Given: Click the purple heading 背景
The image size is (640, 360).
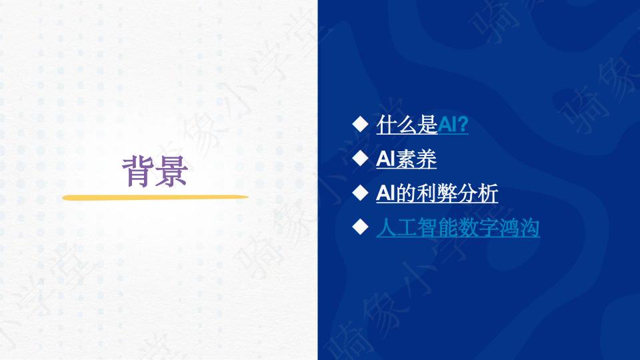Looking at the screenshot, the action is [x=155, y=171].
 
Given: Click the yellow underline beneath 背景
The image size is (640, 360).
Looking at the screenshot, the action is [x=155, y=198].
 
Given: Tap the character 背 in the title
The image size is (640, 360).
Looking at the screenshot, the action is [x=139, y=171].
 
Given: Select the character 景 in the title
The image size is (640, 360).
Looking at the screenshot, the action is [x=172, y=171].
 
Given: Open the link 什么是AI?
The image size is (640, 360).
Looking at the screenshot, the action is [x=422, y=125].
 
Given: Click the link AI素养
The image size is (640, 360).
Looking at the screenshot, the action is [x=406, y=159].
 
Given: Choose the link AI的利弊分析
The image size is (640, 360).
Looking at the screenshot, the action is [x=437, y=193].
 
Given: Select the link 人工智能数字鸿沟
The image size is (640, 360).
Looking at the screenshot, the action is [x=458, y=227].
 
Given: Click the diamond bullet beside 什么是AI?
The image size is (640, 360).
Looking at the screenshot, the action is [x=360, y=124].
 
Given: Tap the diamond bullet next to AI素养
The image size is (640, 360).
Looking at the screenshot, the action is [x=360, y=158].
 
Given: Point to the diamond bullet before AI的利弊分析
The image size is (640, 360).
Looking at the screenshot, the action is [x=360, y=192].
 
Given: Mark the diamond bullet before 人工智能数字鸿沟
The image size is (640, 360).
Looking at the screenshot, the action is [x=360, y=227].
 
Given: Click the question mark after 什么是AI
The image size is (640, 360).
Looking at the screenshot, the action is [x=463, y=125].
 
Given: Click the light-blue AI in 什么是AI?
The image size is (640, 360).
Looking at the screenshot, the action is [x=447, y=125].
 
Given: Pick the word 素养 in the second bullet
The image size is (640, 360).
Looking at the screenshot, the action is [x=416, y=159].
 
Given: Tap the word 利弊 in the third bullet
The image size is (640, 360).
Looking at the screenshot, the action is [x=437, y=193].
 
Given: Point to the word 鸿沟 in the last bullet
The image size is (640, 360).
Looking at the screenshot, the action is [x=519, y=227].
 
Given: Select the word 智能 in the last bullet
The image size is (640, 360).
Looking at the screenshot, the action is [x=437, y=227].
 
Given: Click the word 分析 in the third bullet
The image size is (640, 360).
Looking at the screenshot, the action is [x=477, y=193].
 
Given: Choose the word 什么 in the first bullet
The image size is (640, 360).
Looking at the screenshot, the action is [x=397, y=125].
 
